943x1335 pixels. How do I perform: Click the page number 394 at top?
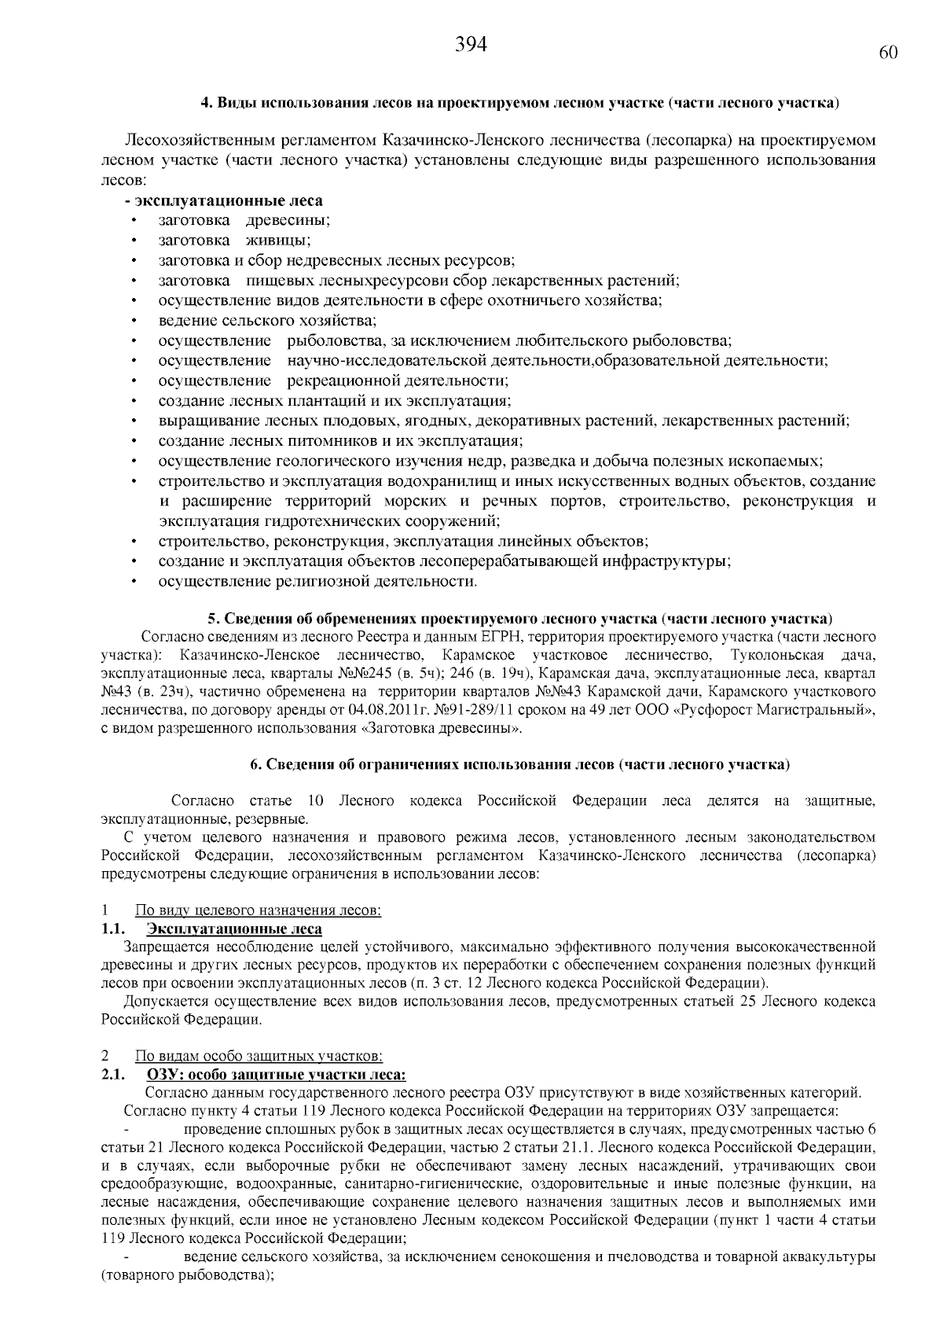[x=472, y=46]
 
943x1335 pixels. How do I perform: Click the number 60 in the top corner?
[x=888, y=53]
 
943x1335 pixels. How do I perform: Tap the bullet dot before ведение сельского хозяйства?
[x=135, y=321]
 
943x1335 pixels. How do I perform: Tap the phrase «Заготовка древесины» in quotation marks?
[x=441, y=729]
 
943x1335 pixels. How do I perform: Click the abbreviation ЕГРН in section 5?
[x=516, y=637]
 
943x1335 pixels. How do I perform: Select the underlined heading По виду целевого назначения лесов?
[x=259, y=910]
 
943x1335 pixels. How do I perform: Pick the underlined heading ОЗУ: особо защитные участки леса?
[x=277, y=1075]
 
